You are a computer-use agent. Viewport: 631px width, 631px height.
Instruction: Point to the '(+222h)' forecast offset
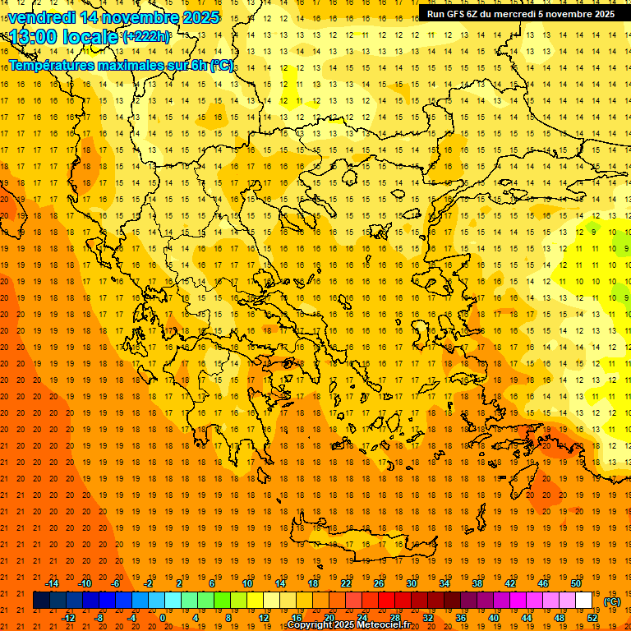(x=146, y=36)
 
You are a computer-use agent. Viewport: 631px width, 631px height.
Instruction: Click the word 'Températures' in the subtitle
(x=55, y=65)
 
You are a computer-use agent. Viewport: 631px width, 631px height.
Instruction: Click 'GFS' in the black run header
(x=460, y=13)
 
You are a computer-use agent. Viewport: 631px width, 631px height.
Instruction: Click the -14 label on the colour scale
(x=52, y=583)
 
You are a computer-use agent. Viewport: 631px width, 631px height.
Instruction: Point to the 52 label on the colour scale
(x=592, y=618)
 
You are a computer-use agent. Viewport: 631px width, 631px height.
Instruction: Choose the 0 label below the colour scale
(x=163, y=618)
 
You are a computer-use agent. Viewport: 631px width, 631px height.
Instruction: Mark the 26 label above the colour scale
(x=379, y=583)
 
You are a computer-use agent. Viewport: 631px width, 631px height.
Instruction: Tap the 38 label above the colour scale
(x=477, y=583)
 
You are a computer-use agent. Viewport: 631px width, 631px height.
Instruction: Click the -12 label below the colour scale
(x=68, y=618)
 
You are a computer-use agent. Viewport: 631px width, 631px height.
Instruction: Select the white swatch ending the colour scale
(x=583, y=601)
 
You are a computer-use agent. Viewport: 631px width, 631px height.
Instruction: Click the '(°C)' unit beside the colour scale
(x=611, y=601)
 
